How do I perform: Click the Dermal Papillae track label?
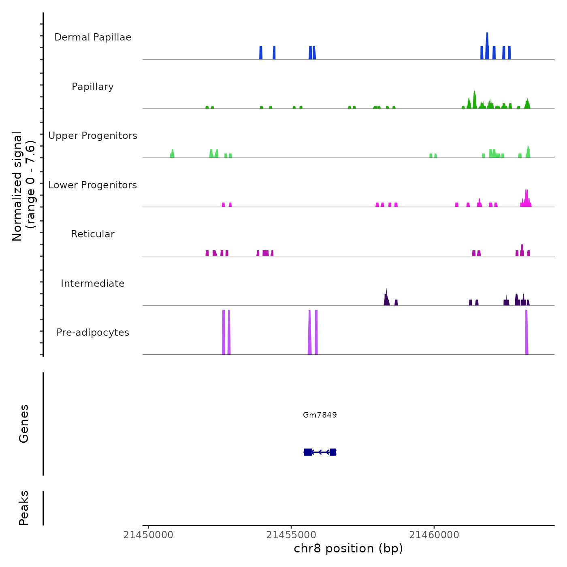93,37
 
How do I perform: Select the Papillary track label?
93,87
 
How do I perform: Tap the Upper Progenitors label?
93,136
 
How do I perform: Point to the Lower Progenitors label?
93,185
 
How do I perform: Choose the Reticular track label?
93,234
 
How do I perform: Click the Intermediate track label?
93,283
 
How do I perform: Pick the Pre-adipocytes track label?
93,333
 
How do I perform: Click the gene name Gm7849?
320,415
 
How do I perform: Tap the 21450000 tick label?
148,535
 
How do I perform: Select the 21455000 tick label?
291,535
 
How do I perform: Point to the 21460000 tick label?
434,535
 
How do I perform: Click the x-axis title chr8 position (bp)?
348,548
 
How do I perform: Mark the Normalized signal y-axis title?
23,186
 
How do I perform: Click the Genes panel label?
24,423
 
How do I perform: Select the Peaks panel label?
24,508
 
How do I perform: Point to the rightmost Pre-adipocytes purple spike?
526,332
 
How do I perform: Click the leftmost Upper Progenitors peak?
172,153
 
